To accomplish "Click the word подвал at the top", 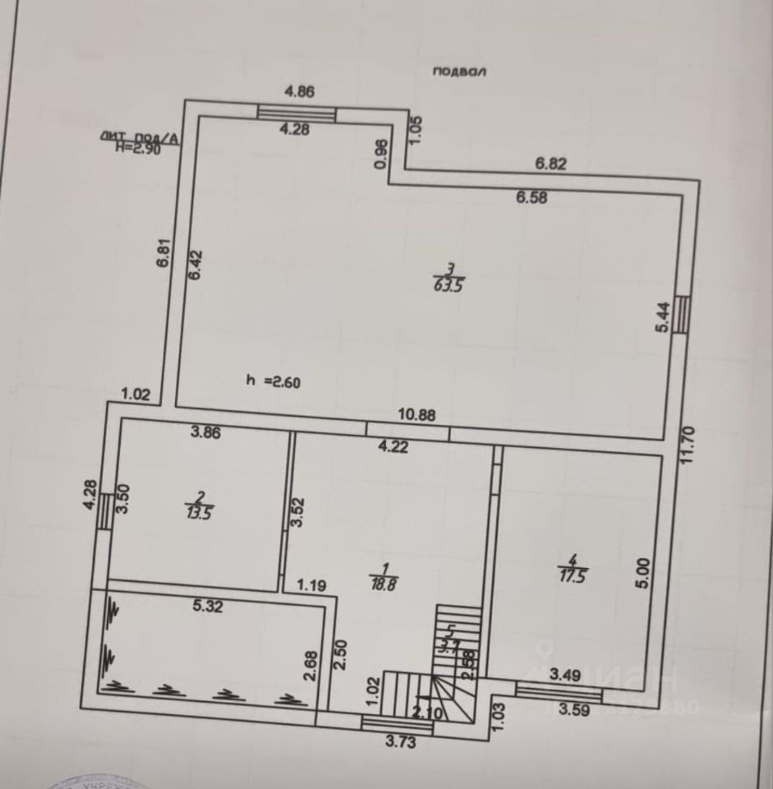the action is click(x=460, y=72).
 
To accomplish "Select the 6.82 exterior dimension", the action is click(x=551, y=164).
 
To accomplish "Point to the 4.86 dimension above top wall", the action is click(x=300, y=92).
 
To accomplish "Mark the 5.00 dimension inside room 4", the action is click(x=643, y=572).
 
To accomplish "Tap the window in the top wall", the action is click(x=297, y=113).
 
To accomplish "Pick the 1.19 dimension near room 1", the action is click(x=312, y=586).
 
